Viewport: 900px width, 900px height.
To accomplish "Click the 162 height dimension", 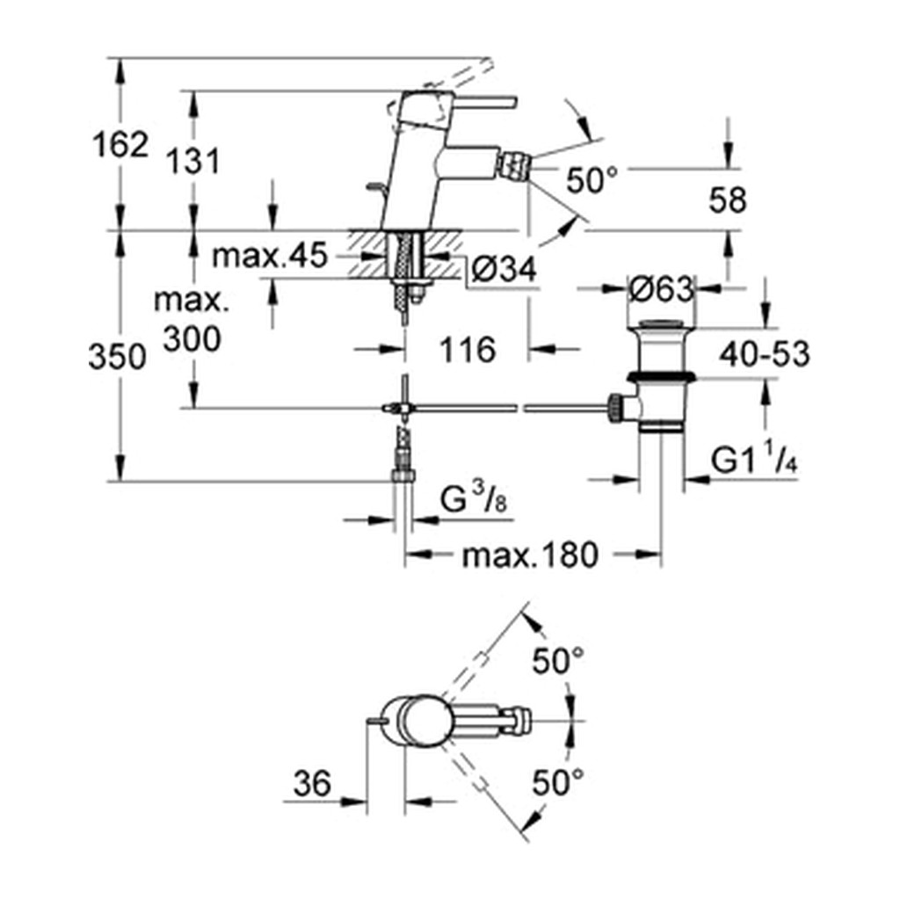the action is pyautogui.click(x=120, y=144).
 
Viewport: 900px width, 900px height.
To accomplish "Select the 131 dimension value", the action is pyautogui.click(x=193, y=162).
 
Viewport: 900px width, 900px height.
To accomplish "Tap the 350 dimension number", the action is pyautogui.click(x=118, y=357).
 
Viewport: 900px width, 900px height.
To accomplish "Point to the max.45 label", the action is pyautogui.click(x=269, y=256).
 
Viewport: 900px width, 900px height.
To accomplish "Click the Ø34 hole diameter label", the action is pyautogui.click(x=504, y=267).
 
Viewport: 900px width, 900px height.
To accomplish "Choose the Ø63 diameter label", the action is pyautogui.click(x=661, y=290).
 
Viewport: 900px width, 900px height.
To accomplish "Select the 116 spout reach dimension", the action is pyautogui.click(x=468, y=350).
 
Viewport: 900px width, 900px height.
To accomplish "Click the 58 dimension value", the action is pyautogui.click(x=727, y=201).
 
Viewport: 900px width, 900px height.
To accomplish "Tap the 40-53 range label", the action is pyautogui.click(x=765, y=354).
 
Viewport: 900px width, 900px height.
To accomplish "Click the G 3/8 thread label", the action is pyautogui.click(x=474, y=500).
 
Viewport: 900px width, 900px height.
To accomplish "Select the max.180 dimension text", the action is pyautogui.click(x=530, y=555).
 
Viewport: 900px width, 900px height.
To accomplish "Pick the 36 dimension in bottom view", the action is pyautogui.click(x=312, y=783).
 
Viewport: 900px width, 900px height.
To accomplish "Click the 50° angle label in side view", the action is pyautogui.click(x=592, y=180).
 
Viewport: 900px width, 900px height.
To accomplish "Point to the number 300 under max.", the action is pyautogui.click(x=192, y=338).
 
